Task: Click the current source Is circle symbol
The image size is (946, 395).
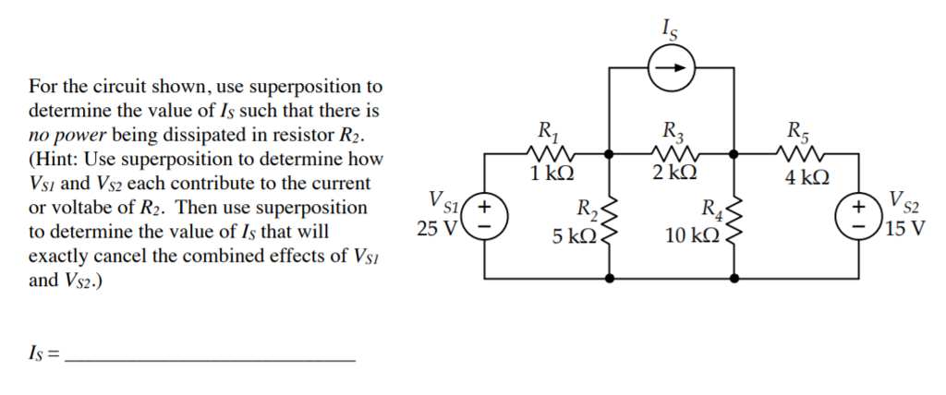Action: click(x=671, y=67)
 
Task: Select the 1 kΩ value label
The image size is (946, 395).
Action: click(x=552, y=174)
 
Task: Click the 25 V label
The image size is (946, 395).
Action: click(x=436, y=228)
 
